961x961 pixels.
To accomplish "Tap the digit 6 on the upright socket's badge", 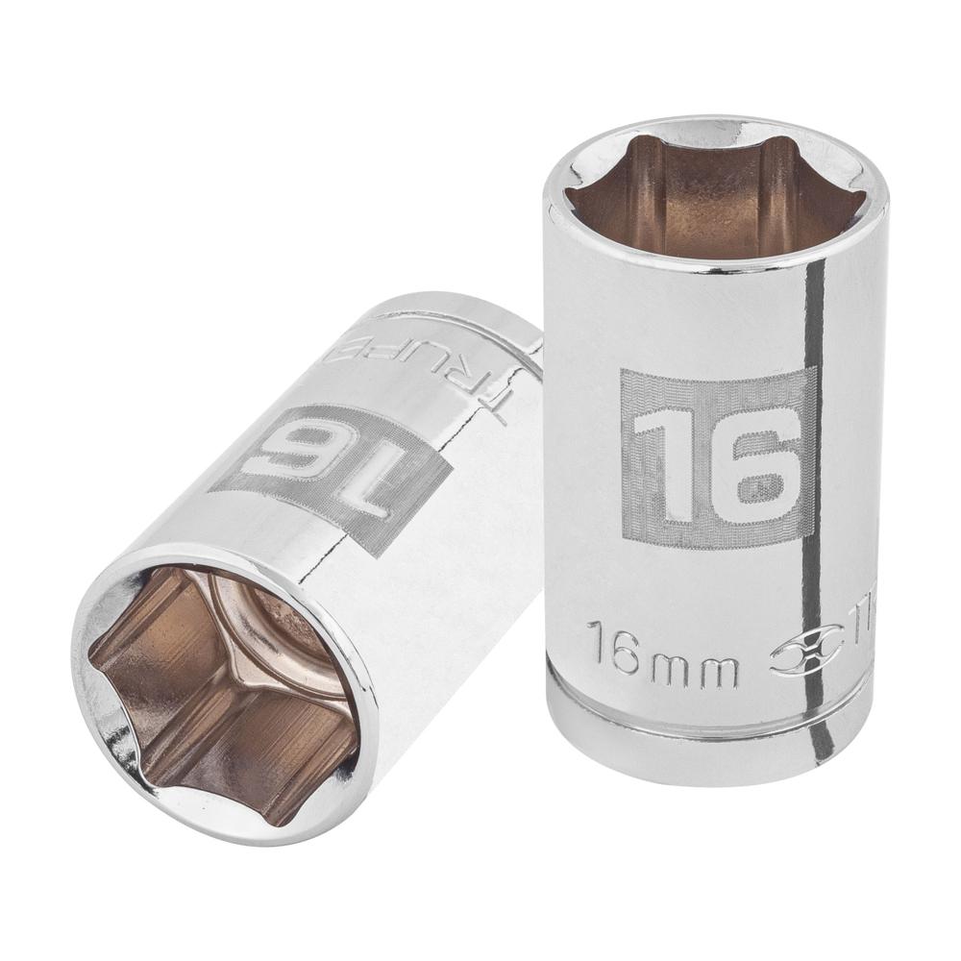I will [759, 466].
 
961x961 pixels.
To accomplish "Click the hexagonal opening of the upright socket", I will [716, 197].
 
